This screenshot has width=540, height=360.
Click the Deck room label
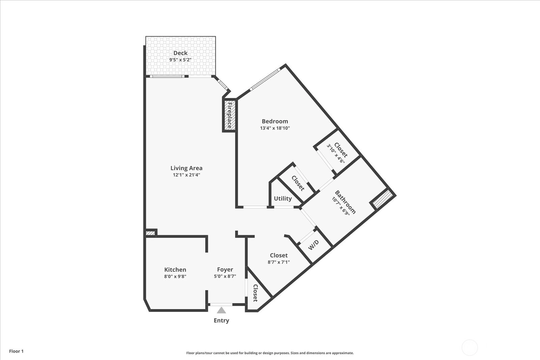tap(180, 53)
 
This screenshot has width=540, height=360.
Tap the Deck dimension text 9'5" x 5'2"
tap(180, 60)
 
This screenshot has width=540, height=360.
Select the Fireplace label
tap(230, 115)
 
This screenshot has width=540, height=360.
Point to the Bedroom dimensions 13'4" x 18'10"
tap(275, 128)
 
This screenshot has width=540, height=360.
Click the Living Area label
tap(186, 168)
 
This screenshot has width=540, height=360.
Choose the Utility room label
tap(283, 198)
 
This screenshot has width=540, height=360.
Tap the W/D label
tap(314, 245)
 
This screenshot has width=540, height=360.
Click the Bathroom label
tap(345, 202)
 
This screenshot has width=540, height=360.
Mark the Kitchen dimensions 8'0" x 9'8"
tap(175, 276)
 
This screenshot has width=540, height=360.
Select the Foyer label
tap(225, 269)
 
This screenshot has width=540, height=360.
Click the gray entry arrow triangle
tap(221, 310)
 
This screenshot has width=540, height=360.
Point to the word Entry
tap(221, 321)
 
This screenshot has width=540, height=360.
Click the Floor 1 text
tap(17, 351)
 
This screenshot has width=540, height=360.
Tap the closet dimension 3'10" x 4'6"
tap(335, 154)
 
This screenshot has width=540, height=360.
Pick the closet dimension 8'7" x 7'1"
tap(279, 262)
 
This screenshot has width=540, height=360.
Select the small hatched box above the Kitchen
tap(150, 233)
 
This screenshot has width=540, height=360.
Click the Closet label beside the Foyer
tap(255, 293)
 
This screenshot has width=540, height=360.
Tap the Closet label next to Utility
tap(298, 183)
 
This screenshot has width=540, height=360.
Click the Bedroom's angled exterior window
tap(265, 80)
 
